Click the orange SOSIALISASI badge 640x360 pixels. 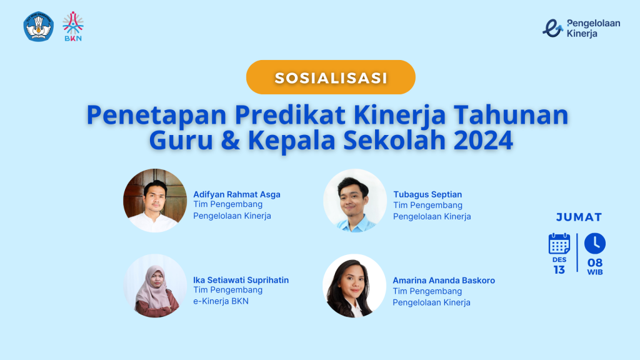coord(331,77)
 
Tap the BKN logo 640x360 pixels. coord(73,26)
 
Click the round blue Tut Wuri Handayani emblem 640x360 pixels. coord(38,26)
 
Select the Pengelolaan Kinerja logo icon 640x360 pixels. coord(552,28)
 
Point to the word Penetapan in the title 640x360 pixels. coord(156,115)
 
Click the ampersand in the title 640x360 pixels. coord(231,140)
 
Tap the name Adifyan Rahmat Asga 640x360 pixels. coord(237,194)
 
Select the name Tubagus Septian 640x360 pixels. coord(427,194)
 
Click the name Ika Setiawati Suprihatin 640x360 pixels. coord(241,280)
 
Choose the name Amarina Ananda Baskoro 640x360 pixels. coord(444,281)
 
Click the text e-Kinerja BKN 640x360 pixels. coord(221,301)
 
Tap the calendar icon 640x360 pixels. coord(559,244)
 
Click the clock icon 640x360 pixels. coord(595,244)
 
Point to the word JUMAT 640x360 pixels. coord(579,217)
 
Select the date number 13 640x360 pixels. coord(559,270)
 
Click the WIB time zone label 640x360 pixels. coord(595,272)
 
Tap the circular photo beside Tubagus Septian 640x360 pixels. coord(355,201)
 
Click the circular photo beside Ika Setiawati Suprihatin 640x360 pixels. coord(155,286)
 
